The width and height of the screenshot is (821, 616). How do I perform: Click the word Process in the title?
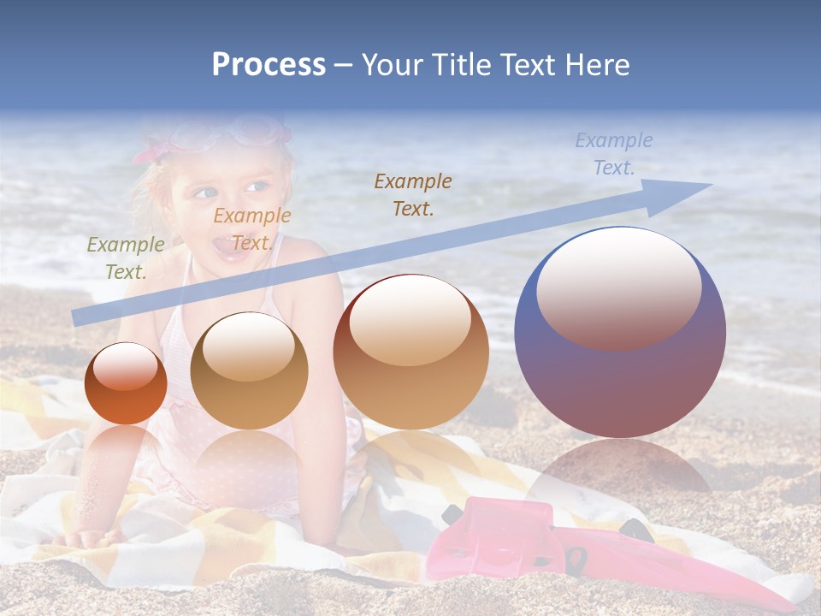269,65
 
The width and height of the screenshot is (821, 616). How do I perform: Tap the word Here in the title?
595,65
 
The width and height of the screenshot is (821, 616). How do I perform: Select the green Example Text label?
126,258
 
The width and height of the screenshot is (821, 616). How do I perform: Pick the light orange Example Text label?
252,228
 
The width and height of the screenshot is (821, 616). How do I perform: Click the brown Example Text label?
413,194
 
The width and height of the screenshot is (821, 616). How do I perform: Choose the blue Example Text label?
613,153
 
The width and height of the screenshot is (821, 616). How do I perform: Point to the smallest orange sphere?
126,385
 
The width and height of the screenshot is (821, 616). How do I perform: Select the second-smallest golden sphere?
249,372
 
